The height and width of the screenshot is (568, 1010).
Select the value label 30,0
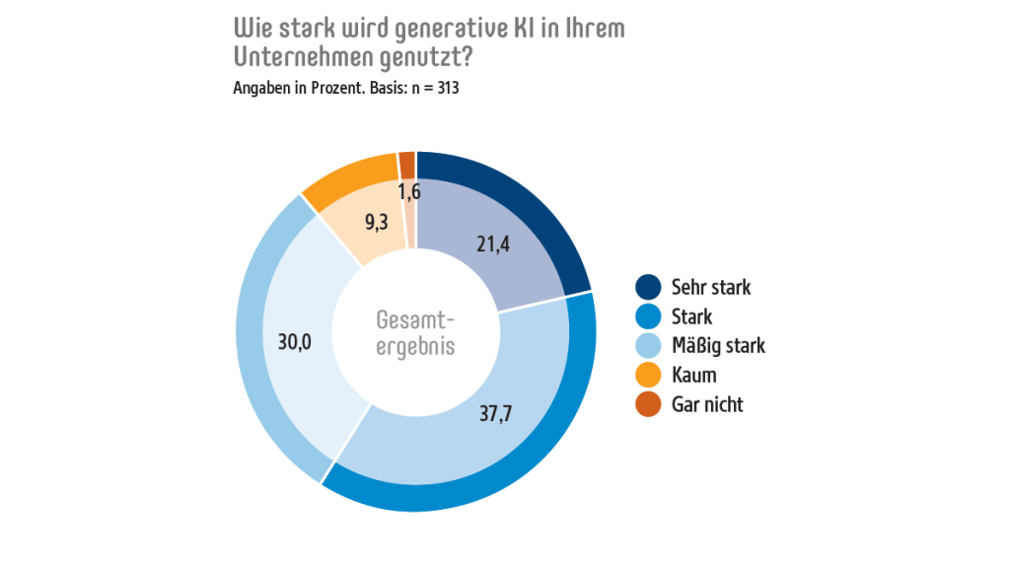click(295, 342)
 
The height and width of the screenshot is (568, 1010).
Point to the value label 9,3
click(376, 223)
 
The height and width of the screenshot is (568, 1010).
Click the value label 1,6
click(410, 191)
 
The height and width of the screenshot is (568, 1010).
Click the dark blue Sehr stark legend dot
click(648, 288)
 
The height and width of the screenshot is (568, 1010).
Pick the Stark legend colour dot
click(648, 318)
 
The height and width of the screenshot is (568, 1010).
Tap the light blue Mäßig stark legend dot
click(648, 346)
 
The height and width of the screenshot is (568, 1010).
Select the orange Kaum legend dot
click(648, 376)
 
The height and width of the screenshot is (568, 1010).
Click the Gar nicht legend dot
click(648, 404)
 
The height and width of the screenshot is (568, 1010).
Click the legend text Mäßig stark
click(718, 346)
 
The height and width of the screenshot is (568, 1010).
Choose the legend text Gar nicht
click(707, 404)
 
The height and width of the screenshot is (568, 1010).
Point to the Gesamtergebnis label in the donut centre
click(416, 333)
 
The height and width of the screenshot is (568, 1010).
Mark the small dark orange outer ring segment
click(406, 164)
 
